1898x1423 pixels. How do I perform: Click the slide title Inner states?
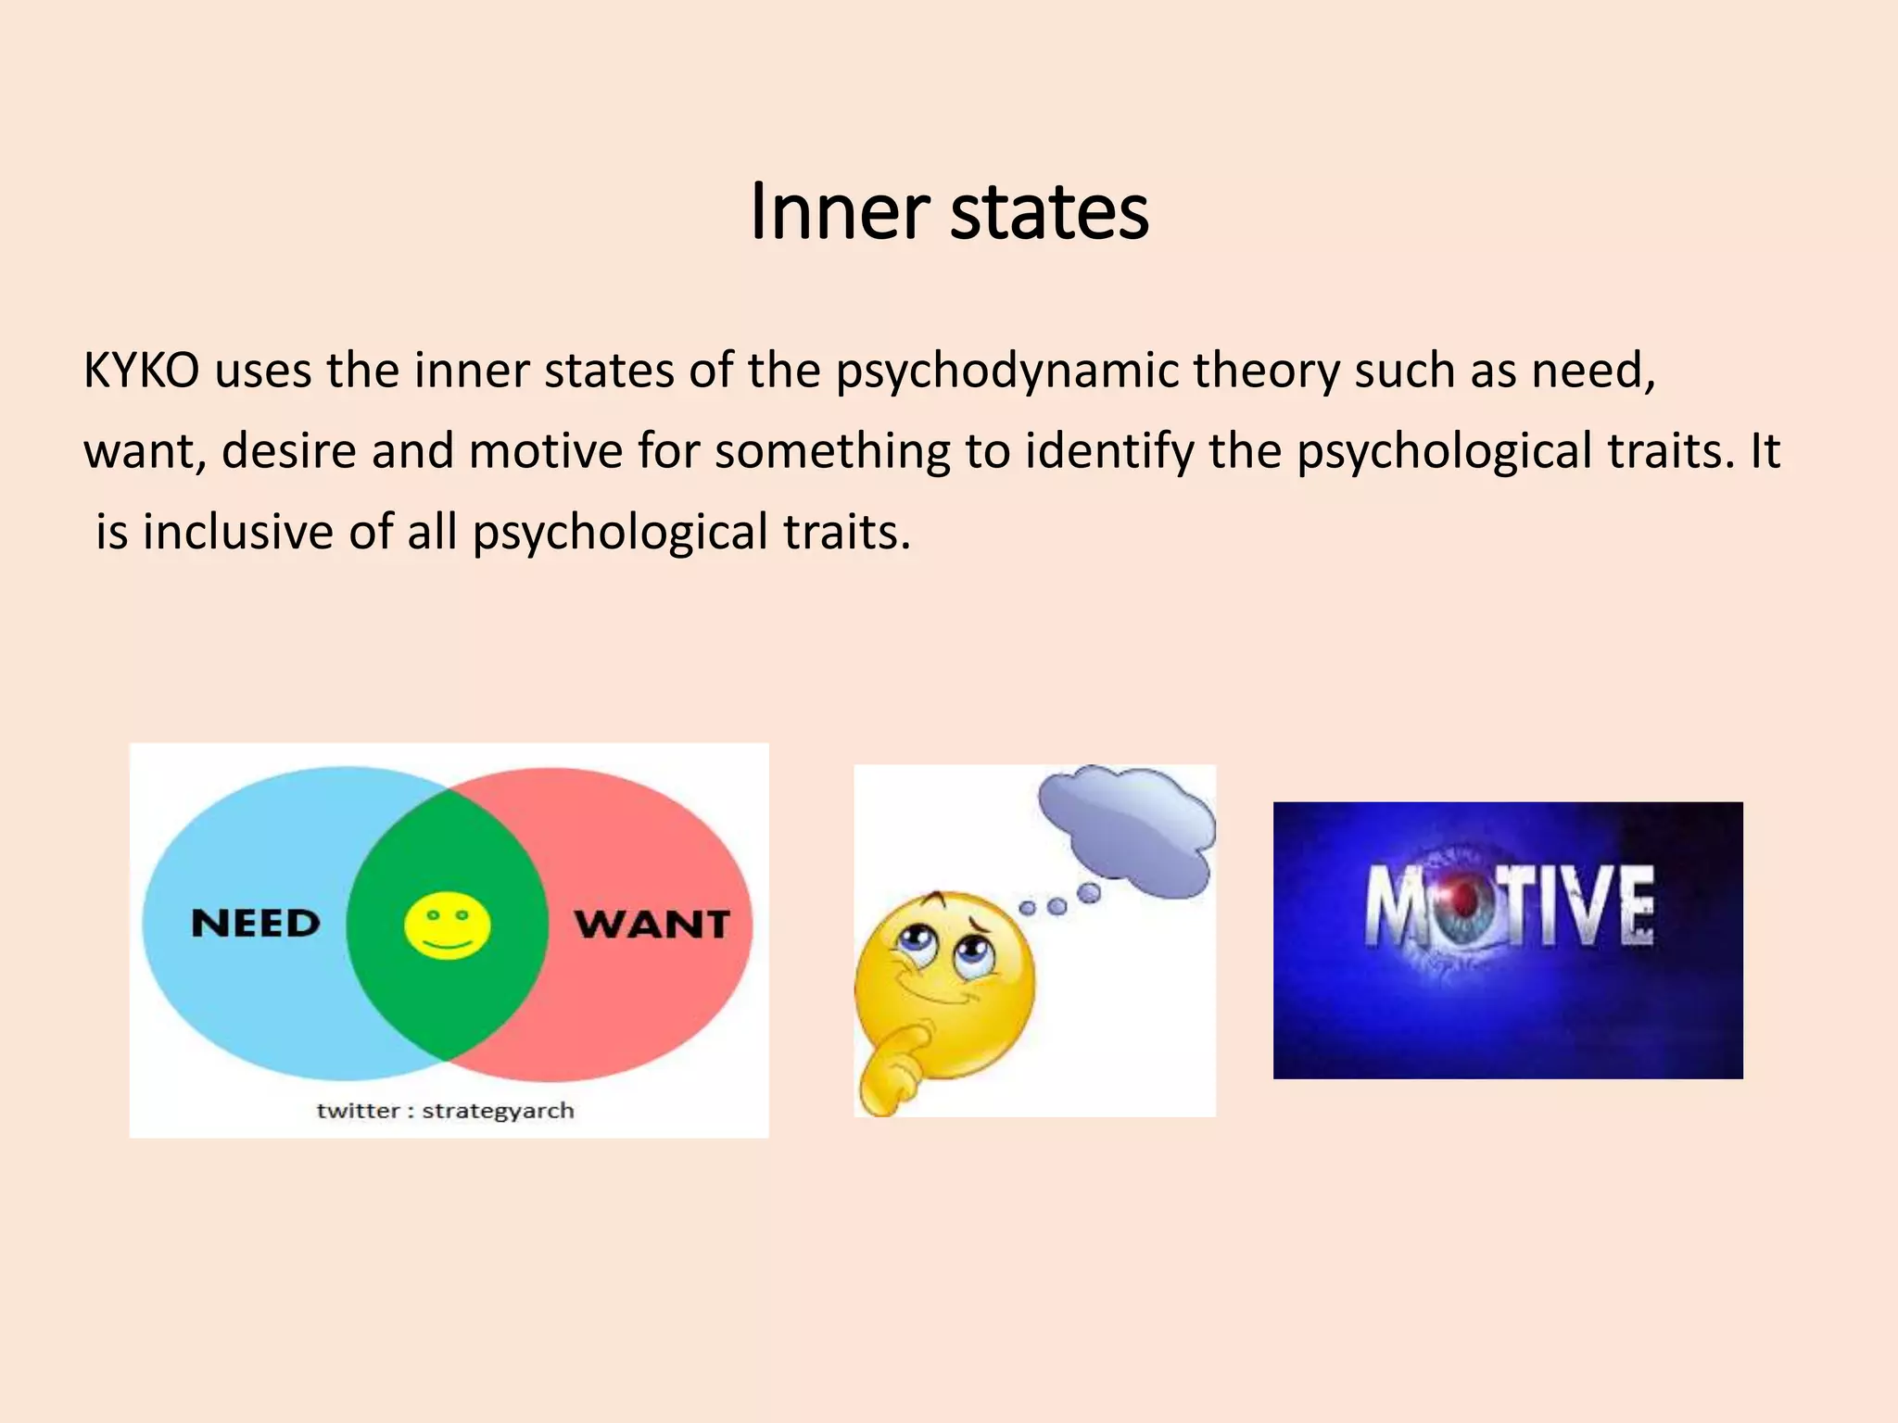(949, 212)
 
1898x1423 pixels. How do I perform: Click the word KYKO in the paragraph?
(141, 371)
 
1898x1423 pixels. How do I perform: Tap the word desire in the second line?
(288, 451)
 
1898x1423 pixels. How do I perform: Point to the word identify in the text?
(1108, 451)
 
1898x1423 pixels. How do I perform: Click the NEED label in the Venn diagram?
(256, 924)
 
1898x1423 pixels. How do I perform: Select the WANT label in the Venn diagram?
(652, 924)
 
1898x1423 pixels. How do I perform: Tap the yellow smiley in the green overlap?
(448, 925)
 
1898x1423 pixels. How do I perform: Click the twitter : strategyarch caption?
(445, 1110)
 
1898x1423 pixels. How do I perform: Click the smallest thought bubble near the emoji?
(1027, 909)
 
